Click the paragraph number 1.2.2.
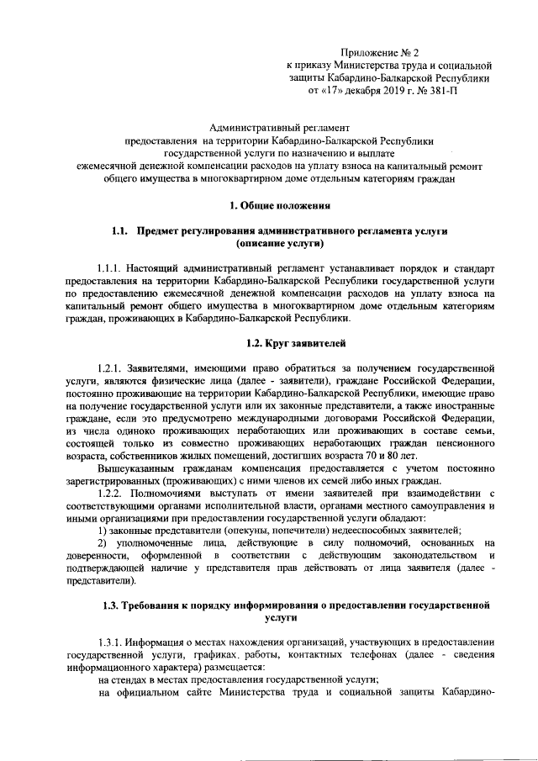coord(112,491)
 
